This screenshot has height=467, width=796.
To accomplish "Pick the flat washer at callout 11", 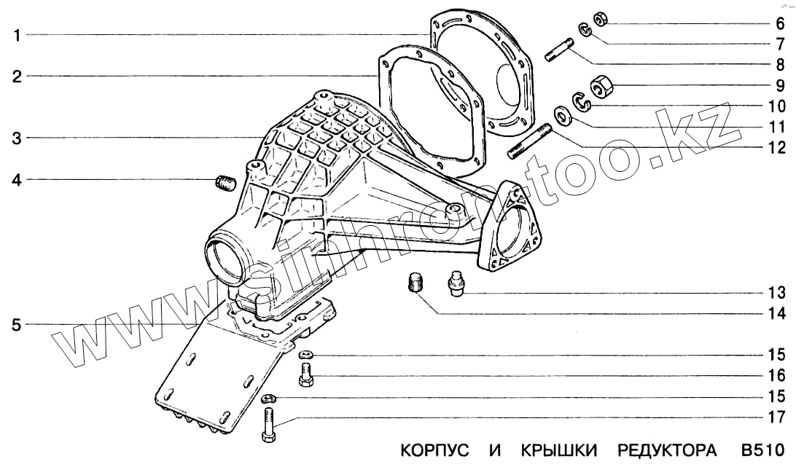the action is pos(563,116).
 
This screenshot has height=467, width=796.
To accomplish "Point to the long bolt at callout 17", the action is pos(268,426).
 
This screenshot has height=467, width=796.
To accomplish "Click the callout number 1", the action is pos(16,34).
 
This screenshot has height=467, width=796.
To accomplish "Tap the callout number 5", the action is pos(16,324).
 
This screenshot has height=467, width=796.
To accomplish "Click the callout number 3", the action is pos(16,138).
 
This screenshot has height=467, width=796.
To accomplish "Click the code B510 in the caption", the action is pos(761,450).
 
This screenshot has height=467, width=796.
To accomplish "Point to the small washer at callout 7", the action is pos(584,30).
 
